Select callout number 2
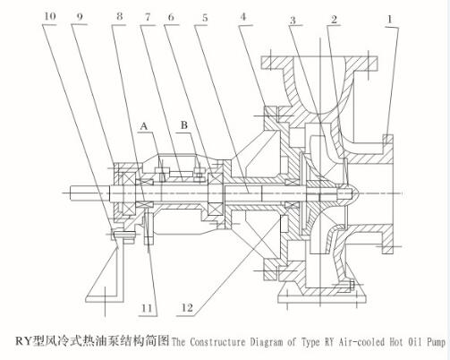coord(334,18)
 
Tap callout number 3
coord(293,18)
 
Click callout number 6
coord(172,16)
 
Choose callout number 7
coord(146,16)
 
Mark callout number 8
coord(118,16)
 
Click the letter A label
coord(142,128)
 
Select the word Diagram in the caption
coord(259,341)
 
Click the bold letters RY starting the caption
coord(24,341)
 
